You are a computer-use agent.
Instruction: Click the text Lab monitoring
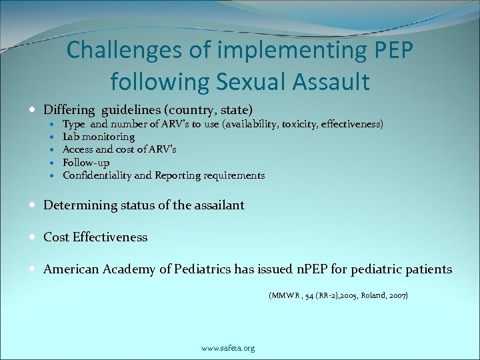click(x=99, y=137)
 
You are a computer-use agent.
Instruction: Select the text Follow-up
click(x=86, y=162)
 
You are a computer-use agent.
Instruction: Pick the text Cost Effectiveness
click(x=95, y=237)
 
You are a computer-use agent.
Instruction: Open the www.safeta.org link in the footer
click(x=227, y=347)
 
